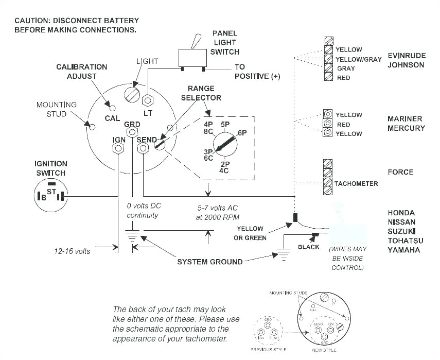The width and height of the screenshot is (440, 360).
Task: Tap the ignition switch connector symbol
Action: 50,196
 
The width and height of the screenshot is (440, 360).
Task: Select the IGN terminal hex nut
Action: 118,148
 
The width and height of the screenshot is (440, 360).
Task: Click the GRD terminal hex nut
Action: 132,133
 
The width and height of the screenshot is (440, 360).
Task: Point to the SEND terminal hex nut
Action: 144,148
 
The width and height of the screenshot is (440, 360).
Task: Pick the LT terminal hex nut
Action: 149,99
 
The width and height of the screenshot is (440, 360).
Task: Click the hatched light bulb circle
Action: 133,94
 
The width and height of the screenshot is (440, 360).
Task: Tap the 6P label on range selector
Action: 242,133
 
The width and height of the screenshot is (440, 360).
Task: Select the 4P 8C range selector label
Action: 208,128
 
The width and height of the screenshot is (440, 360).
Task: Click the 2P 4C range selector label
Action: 224,166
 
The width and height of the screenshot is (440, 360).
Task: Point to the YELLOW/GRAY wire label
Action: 358,59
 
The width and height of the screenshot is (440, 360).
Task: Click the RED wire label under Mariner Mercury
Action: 343,125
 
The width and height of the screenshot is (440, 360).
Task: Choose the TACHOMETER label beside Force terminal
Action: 356,184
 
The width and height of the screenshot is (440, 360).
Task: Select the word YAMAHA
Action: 403,250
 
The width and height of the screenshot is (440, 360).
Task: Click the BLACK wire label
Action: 309,247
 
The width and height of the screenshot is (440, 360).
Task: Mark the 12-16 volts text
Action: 72,251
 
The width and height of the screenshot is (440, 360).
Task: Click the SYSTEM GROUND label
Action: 209,262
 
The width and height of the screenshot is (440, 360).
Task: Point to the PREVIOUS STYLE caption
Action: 268,349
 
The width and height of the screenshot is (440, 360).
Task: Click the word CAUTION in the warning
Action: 32,21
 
